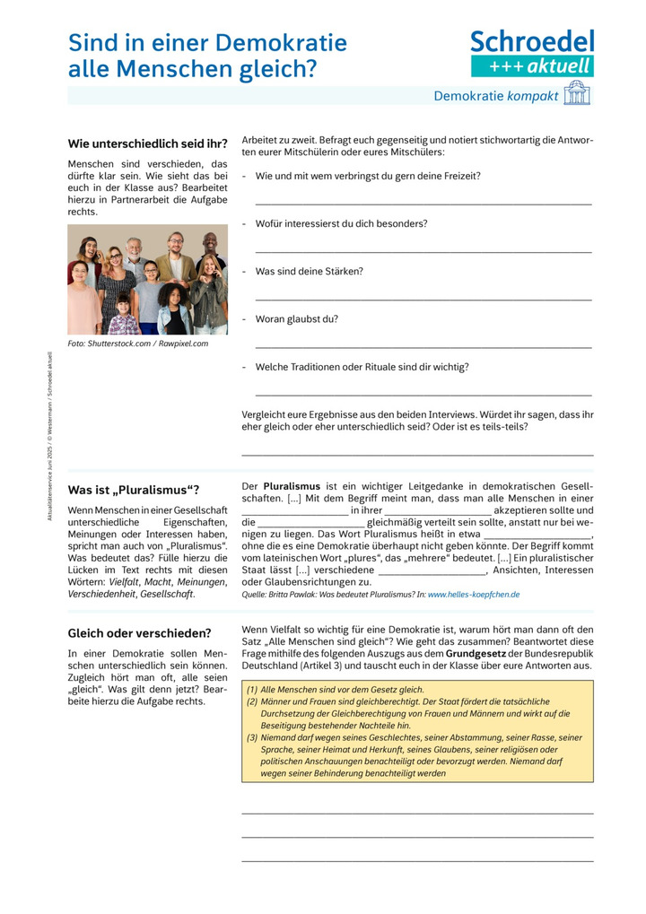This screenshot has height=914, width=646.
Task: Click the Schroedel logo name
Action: [532, 41]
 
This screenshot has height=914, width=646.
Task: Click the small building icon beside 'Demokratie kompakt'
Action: [577, 93]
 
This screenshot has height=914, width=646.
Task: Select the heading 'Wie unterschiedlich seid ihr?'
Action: [147, 144]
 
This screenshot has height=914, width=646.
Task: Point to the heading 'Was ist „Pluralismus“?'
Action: [134, 490]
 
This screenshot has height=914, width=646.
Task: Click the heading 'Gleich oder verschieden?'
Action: [139, 632]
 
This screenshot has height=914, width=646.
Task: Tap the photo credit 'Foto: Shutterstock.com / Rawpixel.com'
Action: [137, 344]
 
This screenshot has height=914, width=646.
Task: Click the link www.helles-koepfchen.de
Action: [474, 594]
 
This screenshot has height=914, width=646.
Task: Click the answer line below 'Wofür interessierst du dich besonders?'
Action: [423, 251]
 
